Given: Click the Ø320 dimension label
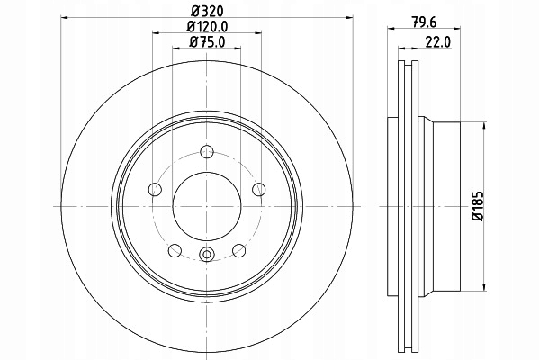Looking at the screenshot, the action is [207, 11].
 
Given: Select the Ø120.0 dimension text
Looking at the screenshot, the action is [207, 26].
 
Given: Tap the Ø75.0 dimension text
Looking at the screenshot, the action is [207, 42].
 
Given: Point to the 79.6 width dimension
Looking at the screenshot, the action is [424, 22].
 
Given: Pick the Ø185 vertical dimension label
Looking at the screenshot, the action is [479, 206].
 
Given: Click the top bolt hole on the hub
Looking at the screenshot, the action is [207, 151].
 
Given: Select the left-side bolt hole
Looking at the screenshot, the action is [155, 189].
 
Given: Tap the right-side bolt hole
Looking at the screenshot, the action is [259, 189].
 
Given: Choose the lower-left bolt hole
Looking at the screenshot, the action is [175, 250].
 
